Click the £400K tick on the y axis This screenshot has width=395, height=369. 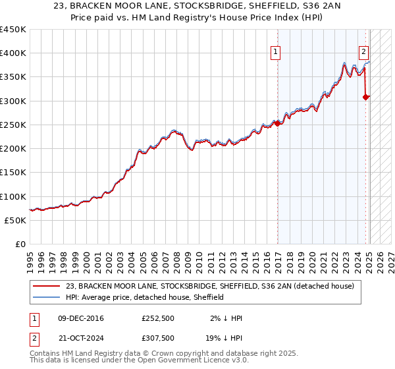click(13, 53)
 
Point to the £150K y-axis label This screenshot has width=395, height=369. click(13, 173)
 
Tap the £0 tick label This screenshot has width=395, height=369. click(20, 244)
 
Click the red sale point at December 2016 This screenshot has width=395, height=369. click(277, 123)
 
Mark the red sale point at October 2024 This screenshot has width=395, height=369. click(365, 98)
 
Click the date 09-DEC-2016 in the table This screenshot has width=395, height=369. click(81, 318)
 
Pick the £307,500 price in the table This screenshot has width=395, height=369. click(158, 337)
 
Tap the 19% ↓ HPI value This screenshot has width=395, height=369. click(222, 337)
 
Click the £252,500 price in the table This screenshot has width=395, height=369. click(158, 318)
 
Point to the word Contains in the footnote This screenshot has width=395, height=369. click(46, 353)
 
